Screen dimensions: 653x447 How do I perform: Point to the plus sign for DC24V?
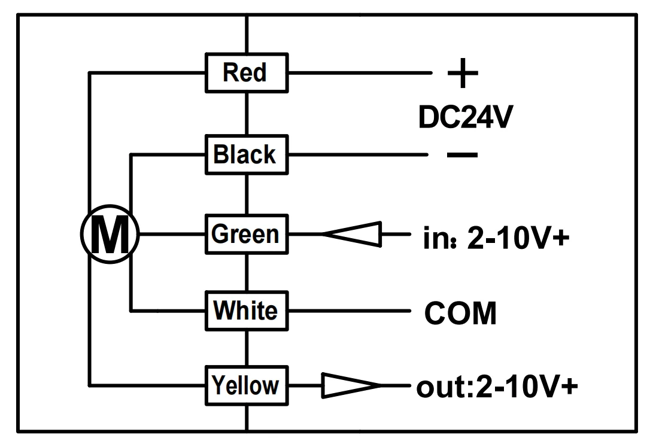pos(463,73)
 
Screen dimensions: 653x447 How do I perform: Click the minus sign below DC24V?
pos(462,155)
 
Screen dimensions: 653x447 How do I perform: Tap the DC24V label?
pos(465,117)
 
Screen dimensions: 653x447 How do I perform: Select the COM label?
pos(460,313)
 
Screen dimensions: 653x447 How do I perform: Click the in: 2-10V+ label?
pos(496,238)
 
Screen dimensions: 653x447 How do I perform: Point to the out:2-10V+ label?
pos(497,387)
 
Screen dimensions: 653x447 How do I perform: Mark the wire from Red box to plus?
pos(360,73)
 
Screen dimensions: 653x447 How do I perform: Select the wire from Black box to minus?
pos(358,154)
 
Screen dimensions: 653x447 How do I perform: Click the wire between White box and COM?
pos(350,311)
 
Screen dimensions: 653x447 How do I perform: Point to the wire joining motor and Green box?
pos(172,234)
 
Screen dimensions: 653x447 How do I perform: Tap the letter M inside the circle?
pos(110,235)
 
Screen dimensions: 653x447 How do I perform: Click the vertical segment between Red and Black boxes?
pos(247,114)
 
